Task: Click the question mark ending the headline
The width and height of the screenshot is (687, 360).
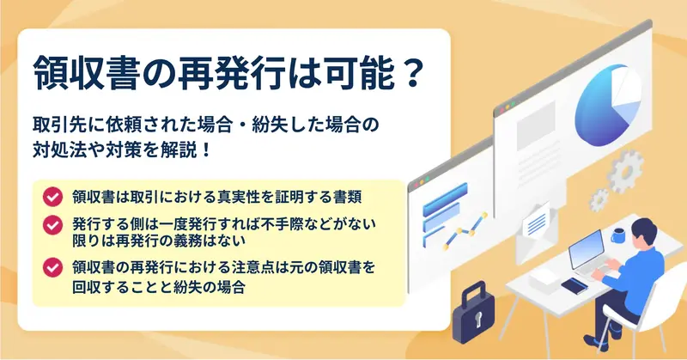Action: [x=411, y=73]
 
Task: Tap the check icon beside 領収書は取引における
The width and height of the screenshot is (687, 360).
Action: [x=52, y=197]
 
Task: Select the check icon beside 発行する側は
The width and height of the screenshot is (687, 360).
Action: [x=52, y=225]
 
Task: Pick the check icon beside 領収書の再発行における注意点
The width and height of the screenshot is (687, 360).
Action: [x=52, y=267]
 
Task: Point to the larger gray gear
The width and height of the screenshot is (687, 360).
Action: [x=625, y=171]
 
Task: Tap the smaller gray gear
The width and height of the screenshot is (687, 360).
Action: [x=599, y=200]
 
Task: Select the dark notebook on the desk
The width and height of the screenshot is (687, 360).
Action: [x=575, y=286]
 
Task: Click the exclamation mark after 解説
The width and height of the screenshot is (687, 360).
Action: [x=208, y=150]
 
